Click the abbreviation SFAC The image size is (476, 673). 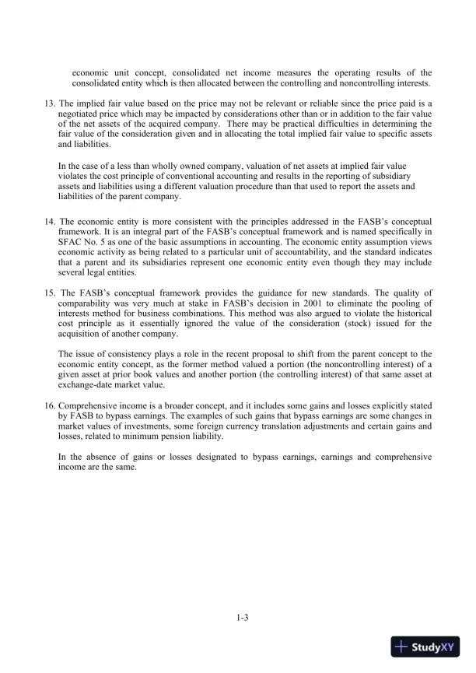coord(73,252)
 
